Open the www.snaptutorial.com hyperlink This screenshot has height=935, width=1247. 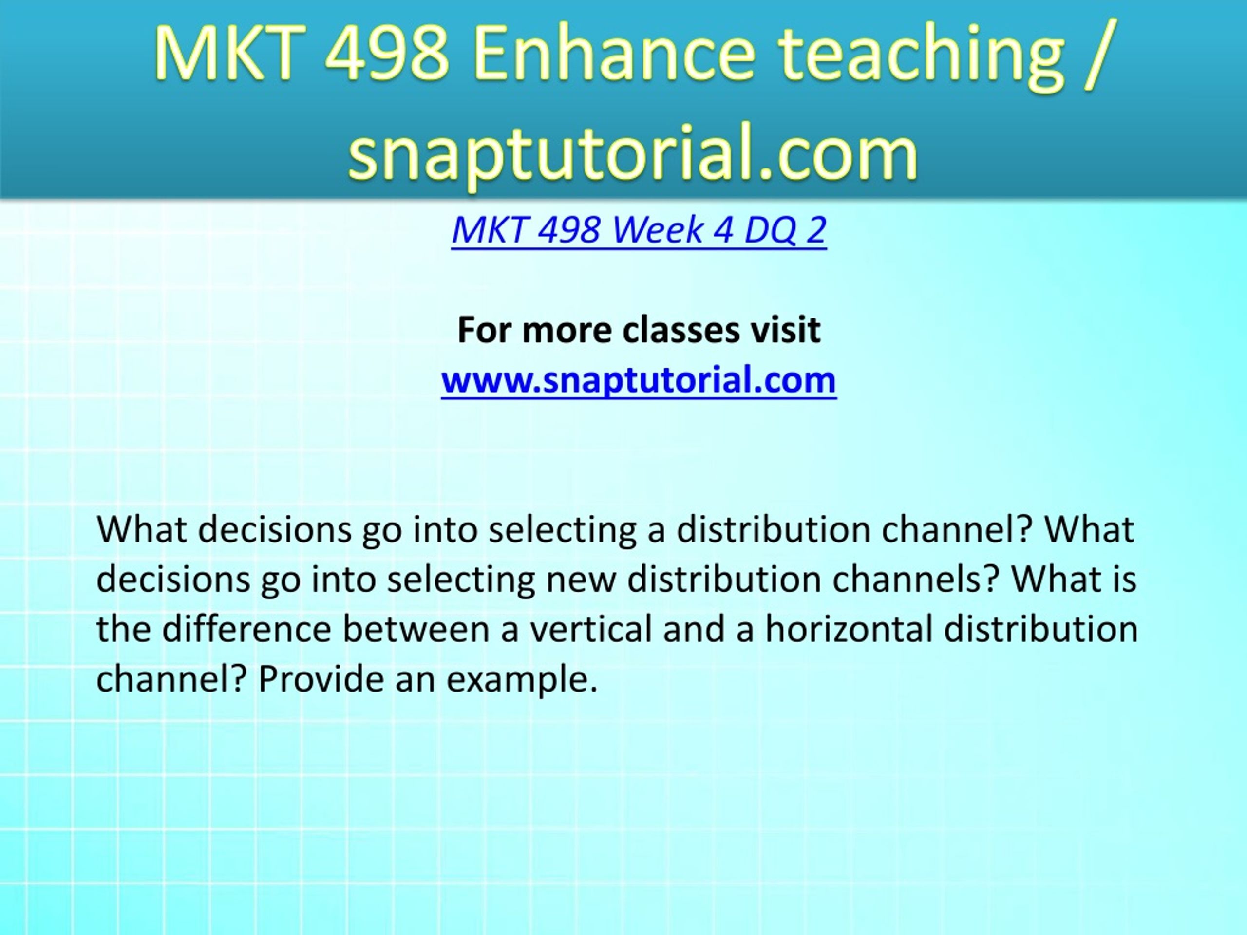(639, 380)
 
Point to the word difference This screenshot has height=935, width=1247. (247, 629)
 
